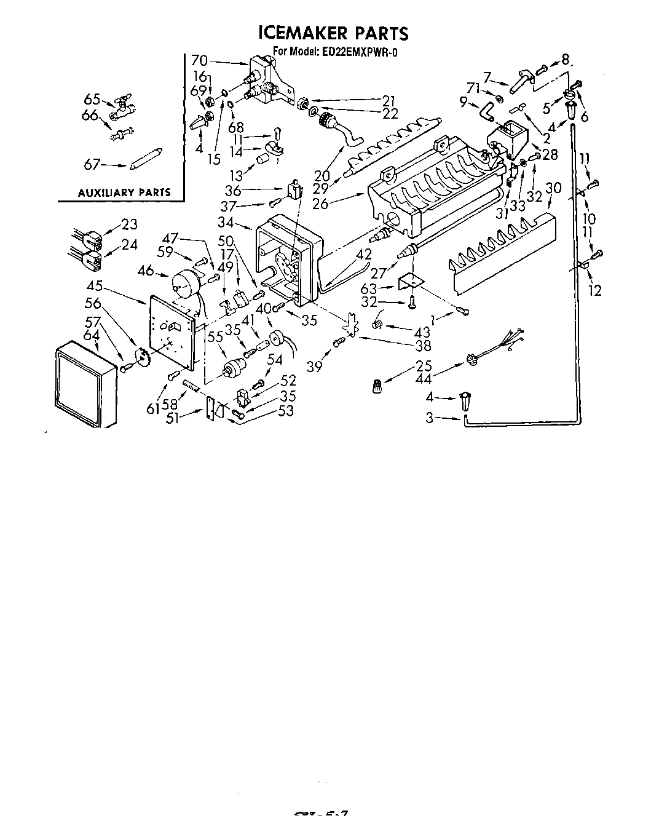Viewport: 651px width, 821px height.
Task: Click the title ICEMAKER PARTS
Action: tap(333, 33)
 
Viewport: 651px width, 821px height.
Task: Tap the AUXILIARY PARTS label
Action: tap(124, 192)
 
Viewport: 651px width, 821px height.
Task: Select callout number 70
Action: tap(199, 60)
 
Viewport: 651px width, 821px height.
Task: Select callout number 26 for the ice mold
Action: tap(320, 204)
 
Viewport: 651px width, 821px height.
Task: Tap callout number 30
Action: tap(553, 188)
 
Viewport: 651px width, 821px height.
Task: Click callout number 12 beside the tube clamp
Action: tap(594, 290)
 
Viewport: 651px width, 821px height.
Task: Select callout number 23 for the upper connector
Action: tap(129, 224)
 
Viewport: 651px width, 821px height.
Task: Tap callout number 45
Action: tap(95, 286)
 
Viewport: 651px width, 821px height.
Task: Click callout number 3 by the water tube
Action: tap(430, 418)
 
